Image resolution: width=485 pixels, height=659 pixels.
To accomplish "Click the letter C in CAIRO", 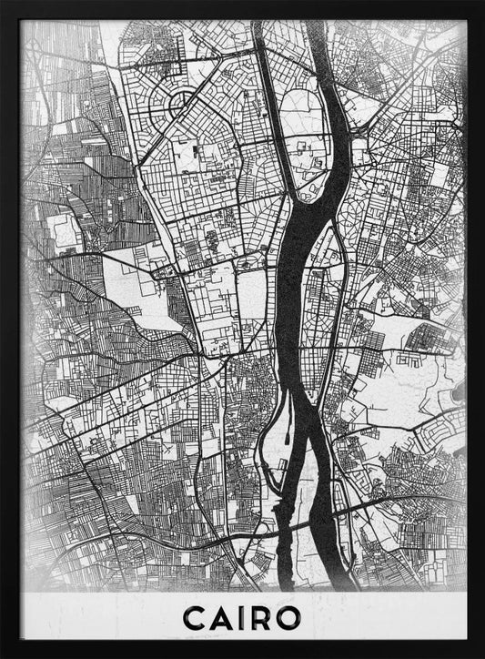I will (x=196, y=618).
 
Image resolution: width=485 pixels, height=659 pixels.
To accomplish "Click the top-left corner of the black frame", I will (x=4, y=4).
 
